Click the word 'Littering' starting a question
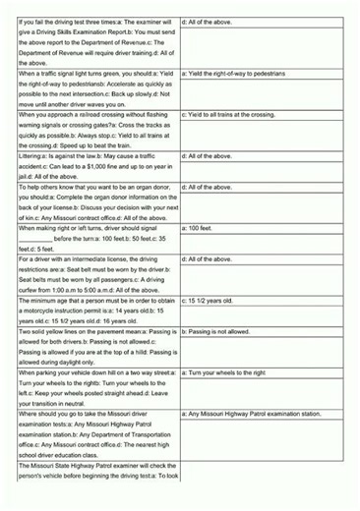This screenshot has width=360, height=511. point(31,156)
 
